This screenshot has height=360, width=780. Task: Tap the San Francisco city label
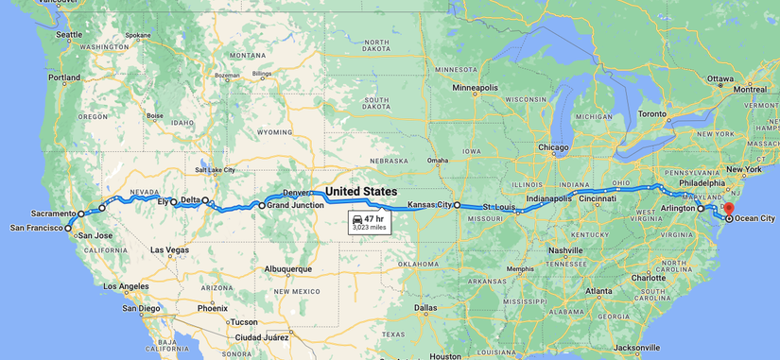[36, 228]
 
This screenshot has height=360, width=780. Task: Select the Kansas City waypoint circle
[457, 205]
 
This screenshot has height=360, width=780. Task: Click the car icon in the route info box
[357, 219]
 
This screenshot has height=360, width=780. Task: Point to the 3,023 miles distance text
[369, 228]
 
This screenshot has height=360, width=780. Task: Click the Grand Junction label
[295, 205]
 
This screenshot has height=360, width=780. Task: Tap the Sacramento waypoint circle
[81, 214]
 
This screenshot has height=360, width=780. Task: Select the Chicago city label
[553, 147]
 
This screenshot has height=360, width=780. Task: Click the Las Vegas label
[169, 250]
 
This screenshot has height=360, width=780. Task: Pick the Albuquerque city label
[287, 268]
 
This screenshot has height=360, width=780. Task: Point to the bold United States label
[361, 192]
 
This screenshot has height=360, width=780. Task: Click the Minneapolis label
[475, 88]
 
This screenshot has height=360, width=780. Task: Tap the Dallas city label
[425, 307]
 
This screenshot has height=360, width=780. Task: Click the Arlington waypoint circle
[701, 208]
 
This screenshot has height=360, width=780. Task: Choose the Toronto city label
[652, 113]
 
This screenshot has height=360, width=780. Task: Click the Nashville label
[564, 250]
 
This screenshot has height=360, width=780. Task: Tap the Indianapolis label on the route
[548, 199]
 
